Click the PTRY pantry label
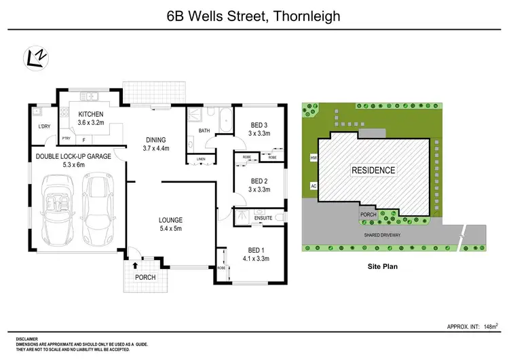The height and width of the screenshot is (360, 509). (x=67, y=139)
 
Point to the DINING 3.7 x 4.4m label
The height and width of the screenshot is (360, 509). (x=155, y=143)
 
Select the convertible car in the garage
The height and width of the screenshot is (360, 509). (x=60, y=209)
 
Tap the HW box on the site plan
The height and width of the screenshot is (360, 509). (x=314, y=158)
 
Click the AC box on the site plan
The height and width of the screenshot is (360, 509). (x=314, y=185)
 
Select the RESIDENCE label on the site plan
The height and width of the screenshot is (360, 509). (x=373, y=169)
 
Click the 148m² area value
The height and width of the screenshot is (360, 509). (x=491, y=326)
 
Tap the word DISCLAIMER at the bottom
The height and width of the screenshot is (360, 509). (x=27, y=338)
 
